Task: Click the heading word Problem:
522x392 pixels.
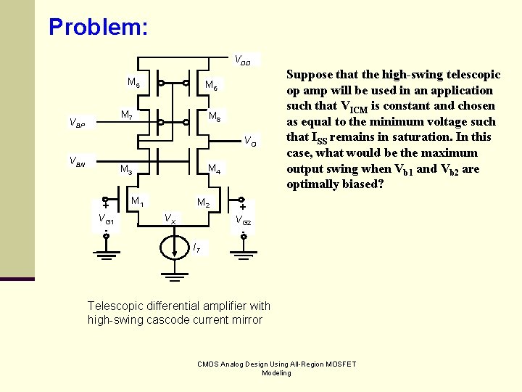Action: coord(99,27)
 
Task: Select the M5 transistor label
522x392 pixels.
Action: coord(134,82)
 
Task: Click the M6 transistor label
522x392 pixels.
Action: coord(211,86)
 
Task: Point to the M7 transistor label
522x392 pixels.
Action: coord(126,115)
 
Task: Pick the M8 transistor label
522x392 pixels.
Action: coord(215,116)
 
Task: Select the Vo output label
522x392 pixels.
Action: coord(248,140)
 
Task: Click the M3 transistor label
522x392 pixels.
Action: coord(126,171)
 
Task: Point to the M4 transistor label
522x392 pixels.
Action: coord(215,170)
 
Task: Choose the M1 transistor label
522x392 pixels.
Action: coord(137,201)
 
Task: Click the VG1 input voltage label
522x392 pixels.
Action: coord(106,219)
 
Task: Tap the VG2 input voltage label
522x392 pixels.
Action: coord(244,219)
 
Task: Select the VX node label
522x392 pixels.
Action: coord(169,218)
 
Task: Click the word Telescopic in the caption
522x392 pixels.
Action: coord(115,306)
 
